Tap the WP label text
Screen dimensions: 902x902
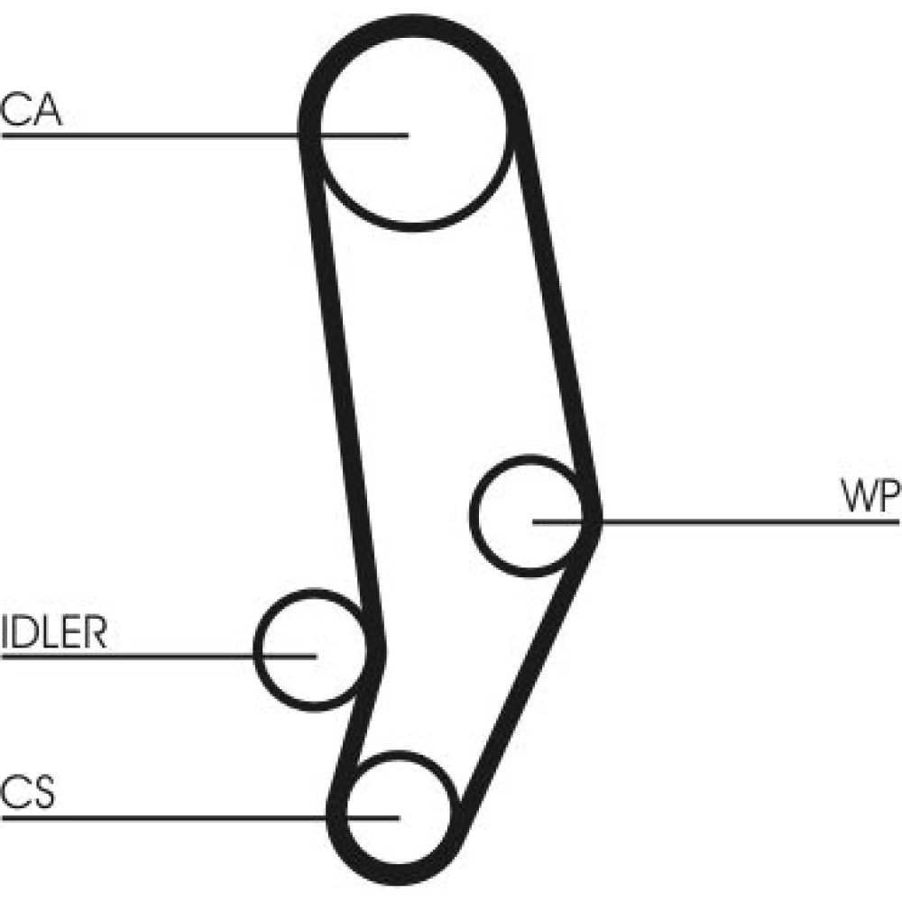pyautogui.click(x=870, y=497)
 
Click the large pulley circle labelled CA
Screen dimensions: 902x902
pyautogui.click(x=410, y=162)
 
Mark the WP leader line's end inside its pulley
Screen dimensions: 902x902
pyautogui.click(x=535, y=521)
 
